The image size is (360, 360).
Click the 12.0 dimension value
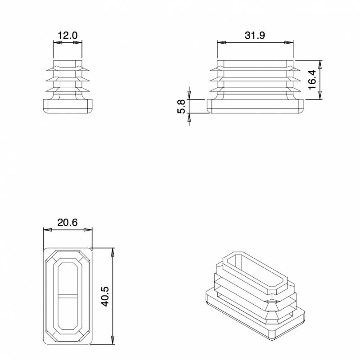(x=68, y=35)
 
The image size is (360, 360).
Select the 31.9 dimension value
(x=255, y=35)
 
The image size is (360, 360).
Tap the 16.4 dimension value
(x=312, y=80)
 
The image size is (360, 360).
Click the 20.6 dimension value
(x=67, y=222)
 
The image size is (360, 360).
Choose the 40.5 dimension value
(x=105, y=295)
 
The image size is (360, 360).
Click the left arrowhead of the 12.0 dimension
(x=56, y=43)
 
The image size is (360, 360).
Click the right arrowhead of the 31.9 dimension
(x=290, y=43)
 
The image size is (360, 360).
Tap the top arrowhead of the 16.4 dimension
(x=320, y=63)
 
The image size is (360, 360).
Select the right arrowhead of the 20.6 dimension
(x=90, y=230)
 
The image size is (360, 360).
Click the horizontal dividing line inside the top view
(x=67, y=296)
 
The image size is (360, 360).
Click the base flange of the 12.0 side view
(x=67, y=107)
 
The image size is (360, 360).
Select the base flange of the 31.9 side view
(x=255, y=107)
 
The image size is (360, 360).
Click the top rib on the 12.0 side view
(x=67, y=69)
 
